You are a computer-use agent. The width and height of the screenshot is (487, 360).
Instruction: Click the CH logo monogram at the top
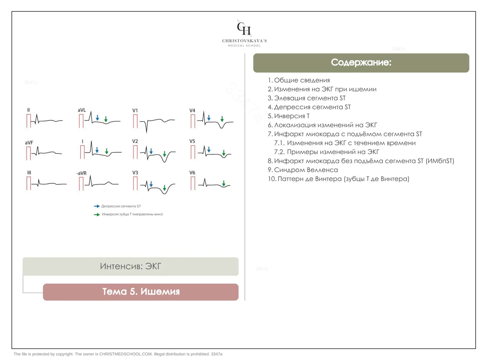coord(244,28)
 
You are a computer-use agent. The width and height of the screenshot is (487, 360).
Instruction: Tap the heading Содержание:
coord(361,62)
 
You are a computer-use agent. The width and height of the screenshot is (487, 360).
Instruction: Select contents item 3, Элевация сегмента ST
coord(307,98)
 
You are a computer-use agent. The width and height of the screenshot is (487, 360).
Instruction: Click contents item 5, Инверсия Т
coord(289,116)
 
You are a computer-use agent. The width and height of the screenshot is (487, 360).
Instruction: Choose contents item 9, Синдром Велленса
coord(303,170)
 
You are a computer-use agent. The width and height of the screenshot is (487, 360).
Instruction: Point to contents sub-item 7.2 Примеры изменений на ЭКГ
coord(327,152)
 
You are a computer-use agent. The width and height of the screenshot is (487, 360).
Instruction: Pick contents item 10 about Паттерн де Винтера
coord(338,179)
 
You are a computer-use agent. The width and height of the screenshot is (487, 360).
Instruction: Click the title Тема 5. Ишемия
coord(141,292)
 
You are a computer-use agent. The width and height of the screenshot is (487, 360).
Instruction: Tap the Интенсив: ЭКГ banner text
coord(130,266)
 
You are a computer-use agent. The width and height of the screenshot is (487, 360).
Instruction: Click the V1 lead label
coord(135,110)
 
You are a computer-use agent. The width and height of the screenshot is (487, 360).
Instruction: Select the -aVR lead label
coord(81,173)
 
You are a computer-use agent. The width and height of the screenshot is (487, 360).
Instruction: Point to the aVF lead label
coord(29,143)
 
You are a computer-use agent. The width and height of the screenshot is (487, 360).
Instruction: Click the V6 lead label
coord(192,173)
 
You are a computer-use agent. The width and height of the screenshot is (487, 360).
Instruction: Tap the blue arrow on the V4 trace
coord(208,118)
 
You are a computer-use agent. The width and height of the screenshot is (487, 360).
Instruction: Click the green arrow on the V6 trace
coord(223,183)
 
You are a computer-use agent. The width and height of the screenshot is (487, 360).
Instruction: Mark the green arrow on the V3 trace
coord(164,188)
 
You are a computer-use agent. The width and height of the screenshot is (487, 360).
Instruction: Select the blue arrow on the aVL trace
coord(97,118)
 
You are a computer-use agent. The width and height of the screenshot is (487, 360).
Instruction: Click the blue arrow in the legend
coord(96,206)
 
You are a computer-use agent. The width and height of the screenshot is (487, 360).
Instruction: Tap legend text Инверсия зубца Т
coord(117,214)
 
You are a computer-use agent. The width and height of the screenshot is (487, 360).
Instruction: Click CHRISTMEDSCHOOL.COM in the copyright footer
coord(126,354)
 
